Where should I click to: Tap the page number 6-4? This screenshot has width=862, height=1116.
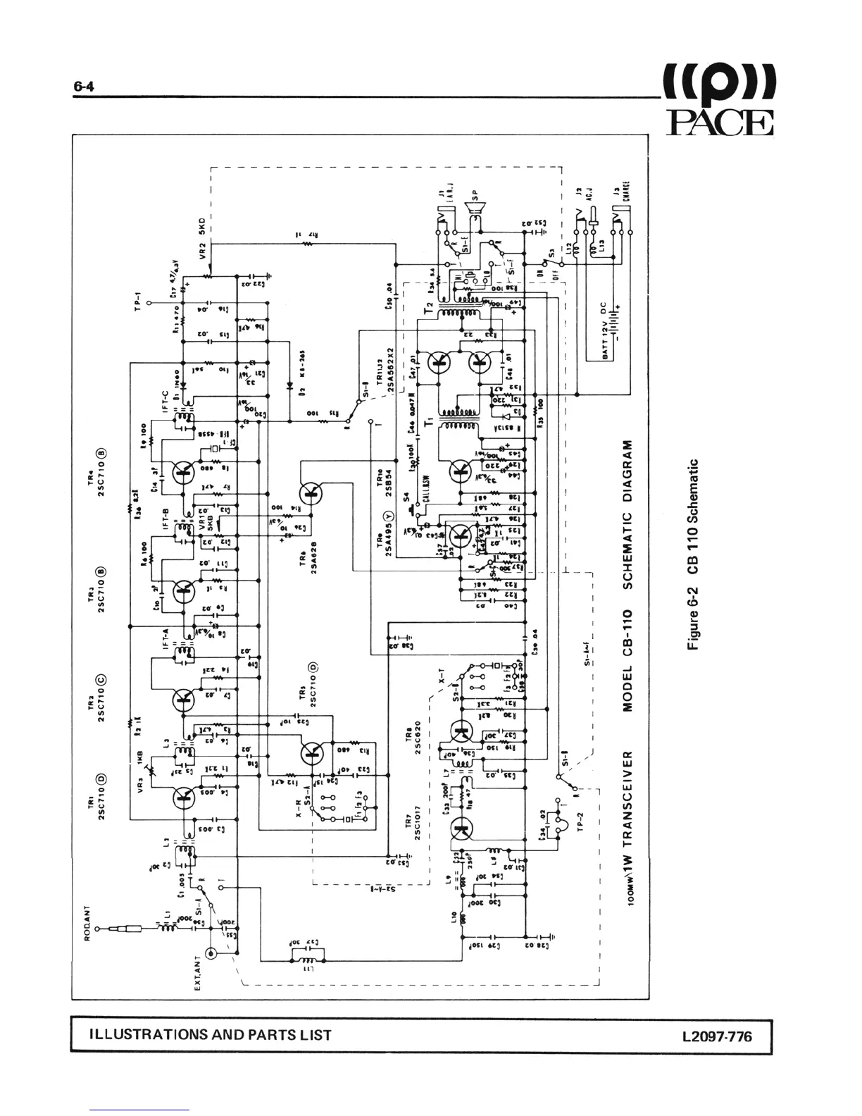(84, 87)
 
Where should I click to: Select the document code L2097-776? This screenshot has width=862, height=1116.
(716, 1036)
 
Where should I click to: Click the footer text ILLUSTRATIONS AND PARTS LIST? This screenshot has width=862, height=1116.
(211, 1035)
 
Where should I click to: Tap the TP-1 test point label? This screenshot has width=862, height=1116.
(139, 302)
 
